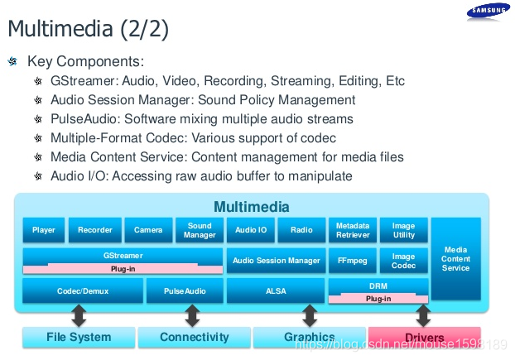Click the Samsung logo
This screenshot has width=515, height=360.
point(488,11)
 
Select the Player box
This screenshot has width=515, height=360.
point(44,230)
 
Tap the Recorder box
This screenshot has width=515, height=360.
point(95,230)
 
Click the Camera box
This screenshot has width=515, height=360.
point(148,230)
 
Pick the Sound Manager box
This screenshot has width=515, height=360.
point(200,230)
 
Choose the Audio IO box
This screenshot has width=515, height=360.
point(251,230)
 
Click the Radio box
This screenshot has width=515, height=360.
point(301,230)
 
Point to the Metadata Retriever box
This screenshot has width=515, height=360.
point(353,230)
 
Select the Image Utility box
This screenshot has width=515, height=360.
point(403,230)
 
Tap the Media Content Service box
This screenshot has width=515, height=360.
point(455,259)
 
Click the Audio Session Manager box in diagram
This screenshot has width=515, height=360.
point(276,261)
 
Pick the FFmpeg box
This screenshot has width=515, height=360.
point(353,261)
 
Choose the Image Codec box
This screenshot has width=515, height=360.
point(403,261)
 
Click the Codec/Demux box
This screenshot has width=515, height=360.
point(82,290)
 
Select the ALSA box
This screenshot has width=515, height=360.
point(276,290)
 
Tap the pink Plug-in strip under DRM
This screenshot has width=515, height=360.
point(378,298)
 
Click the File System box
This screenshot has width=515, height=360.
point(78,337)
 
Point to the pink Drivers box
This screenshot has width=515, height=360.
point(424,337)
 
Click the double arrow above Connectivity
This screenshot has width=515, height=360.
point(192,315)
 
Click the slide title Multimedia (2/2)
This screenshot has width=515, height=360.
point(88,29)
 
